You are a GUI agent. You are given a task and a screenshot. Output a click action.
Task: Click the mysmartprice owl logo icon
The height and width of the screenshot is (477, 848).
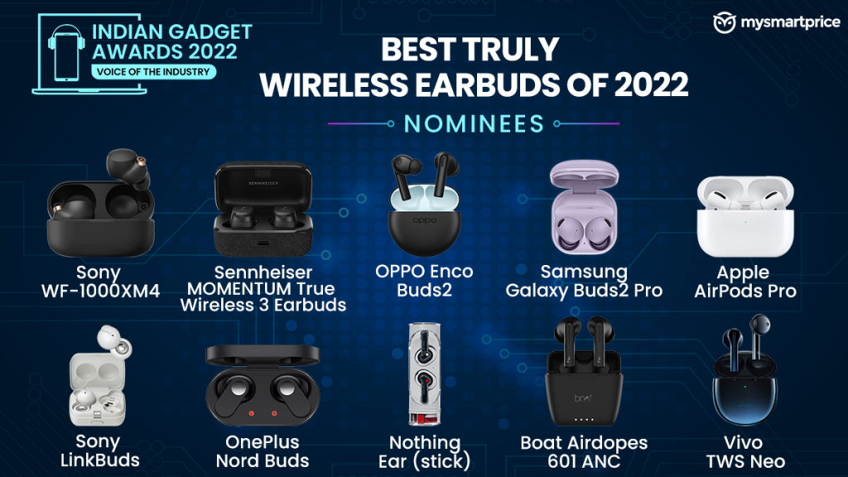pos(724,22)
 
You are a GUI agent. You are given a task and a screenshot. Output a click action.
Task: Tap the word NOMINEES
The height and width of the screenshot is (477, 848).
pos(474,124)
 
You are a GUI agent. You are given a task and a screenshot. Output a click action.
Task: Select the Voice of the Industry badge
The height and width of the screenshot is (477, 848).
pos(153,72)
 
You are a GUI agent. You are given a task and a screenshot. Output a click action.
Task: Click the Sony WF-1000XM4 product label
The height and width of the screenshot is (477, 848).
pos(100,282)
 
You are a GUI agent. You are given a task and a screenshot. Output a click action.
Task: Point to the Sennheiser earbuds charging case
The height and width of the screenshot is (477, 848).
pos(263,209)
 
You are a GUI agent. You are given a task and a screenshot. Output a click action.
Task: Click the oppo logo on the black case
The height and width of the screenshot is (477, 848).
pos(424,220)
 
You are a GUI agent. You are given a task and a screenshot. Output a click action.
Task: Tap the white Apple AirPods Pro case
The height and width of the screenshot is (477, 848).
pos(745,216)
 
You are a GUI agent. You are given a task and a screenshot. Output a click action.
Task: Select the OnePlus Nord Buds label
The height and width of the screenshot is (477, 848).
pos(263,451)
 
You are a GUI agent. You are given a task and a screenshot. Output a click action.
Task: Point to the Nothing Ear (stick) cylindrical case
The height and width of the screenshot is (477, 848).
pos(425,374)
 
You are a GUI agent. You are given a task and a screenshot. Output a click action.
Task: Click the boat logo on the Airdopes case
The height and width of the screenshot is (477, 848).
pos(583,398)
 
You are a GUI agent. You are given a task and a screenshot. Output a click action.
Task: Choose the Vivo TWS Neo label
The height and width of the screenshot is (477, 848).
pos(745,451)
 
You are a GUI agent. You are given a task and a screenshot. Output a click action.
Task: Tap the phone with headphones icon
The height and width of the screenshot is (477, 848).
pos(66,53)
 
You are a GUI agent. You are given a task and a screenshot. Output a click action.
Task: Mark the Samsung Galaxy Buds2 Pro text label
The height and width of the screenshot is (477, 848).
pos(584,282)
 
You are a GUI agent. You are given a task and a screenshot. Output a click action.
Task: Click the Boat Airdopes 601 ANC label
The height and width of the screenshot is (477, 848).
pos(584,451)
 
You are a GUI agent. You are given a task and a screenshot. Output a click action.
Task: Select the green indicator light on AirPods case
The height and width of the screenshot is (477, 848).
pos(746,222)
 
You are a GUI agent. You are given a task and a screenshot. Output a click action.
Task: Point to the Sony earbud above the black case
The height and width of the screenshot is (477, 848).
pos(128,168)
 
